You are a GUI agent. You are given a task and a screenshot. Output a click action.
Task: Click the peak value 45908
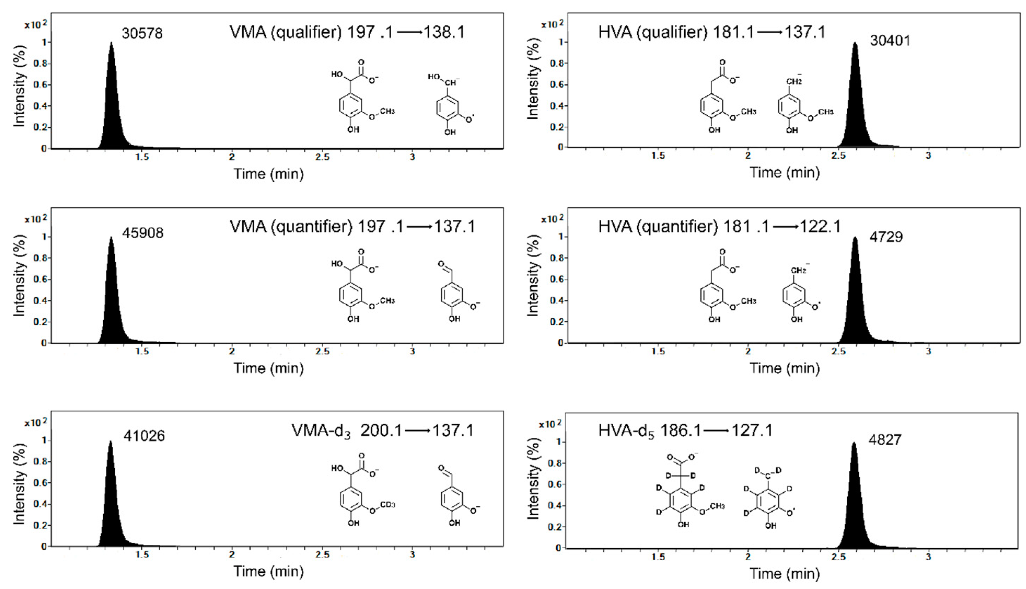143,233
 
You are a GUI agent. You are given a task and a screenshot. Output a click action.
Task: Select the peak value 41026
144,436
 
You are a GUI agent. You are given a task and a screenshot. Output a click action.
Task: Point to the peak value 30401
890,41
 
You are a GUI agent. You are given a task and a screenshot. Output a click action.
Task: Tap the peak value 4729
886,237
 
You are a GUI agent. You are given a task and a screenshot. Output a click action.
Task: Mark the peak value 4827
885,440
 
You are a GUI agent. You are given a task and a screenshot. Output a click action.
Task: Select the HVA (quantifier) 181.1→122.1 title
719,226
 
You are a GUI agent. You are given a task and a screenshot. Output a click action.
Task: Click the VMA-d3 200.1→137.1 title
383,430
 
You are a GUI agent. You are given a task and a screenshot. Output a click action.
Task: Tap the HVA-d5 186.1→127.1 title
685,430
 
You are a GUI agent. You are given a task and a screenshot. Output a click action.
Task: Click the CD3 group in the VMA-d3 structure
387,505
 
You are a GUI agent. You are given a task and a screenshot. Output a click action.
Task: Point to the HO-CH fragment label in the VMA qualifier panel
444,79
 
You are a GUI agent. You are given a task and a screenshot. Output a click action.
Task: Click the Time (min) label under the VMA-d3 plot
268,571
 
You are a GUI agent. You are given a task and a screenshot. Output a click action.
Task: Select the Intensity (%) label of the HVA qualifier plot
534,79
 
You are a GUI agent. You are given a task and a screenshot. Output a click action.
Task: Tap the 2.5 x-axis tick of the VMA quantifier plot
322,351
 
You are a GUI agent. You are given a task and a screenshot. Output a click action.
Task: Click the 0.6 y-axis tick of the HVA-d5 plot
555,484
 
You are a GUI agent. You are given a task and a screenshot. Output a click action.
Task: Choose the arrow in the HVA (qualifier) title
769,32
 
